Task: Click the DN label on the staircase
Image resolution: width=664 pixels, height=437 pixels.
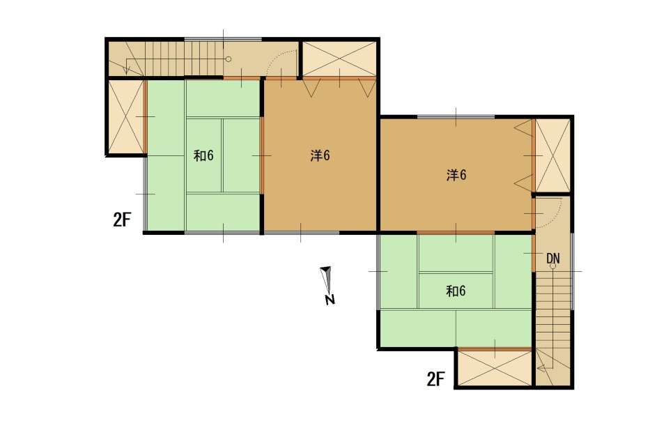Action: pos(553,258)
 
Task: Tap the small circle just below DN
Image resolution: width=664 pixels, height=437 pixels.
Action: pos(553,266)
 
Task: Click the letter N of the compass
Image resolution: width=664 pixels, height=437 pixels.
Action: pos(330,300)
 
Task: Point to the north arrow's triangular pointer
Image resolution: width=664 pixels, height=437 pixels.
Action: pos(326,279)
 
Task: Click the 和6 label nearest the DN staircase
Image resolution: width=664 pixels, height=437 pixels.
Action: pos(456,291)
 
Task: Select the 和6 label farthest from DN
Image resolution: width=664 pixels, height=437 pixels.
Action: pos(203,155)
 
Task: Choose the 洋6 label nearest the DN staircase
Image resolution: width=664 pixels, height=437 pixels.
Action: pos(456,174)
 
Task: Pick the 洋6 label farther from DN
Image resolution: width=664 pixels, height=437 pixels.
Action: pos(320,155)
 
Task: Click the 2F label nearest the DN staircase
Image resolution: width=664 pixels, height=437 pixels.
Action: pos(435,379)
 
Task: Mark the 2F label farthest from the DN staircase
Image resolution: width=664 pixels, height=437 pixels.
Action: pos(122,220)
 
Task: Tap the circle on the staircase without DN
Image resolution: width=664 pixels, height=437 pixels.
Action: pos(229,59)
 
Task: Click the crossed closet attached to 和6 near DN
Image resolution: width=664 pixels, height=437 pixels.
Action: pos(495,368)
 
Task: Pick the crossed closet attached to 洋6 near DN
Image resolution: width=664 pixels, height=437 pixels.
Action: pos(553,155)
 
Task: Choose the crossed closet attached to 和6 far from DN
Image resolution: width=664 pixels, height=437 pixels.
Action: pos(126,116)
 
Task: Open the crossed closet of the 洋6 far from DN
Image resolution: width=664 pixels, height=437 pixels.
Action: pos(339,59)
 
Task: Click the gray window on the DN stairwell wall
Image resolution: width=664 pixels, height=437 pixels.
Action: pos(572,271)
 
